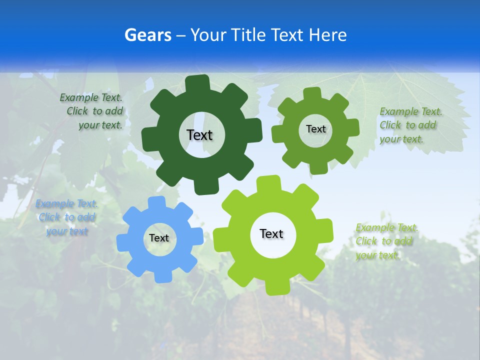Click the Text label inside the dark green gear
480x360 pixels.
[199, 135]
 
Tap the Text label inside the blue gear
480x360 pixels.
[159, 238]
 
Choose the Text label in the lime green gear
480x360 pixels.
[271, 233]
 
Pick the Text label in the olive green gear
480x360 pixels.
[315, 129]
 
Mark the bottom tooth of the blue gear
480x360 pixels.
[162, 276]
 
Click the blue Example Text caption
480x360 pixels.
[67, 217]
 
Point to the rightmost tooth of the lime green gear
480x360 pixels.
[326, 231]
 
